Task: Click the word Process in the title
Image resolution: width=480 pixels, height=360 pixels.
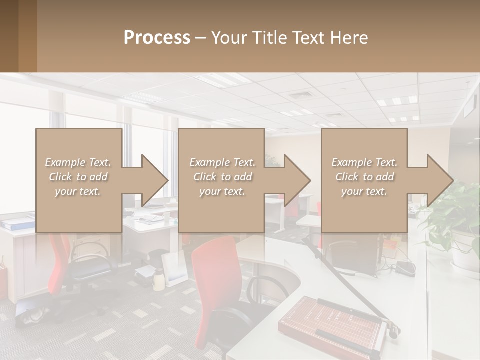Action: tap(157, 37)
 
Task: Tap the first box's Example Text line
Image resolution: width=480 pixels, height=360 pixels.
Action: tap(78, 162)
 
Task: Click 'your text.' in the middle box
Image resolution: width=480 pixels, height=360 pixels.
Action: tap(222, 191)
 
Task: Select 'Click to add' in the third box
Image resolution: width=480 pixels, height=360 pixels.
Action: tap(364, 177)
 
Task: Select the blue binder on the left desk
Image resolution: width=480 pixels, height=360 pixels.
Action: tap(15, 224)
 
